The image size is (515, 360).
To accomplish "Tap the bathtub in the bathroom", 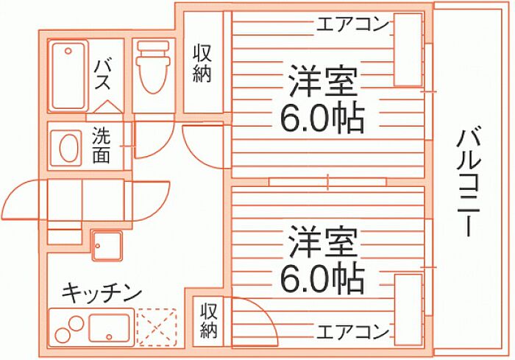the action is (68, 75).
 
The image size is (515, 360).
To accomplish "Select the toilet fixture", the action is (153, 67).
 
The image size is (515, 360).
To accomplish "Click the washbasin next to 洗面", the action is (68, 147).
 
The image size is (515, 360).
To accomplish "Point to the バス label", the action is (102, 76).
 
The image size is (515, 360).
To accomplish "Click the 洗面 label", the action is (101, 144).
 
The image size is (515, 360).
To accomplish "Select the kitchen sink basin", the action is (109, 328).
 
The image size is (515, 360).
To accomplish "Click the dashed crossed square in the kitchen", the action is (157, 327).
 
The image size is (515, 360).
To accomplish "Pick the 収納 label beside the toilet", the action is (202, 64).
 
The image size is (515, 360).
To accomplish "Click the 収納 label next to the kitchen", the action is (209, 320).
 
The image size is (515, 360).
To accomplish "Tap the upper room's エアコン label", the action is (352, 24).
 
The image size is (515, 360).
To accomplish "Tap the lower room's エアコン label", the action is (352, 332).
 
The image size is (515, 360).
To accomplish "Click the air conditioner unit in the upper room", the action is (408, 50).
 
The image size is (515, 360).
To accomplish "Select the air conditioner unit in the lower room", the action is (408, 309).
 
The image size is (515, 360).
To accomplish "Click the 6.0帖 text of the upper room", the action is (322, 119).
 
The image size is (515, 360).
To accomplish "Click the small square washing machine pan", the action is (107, 246).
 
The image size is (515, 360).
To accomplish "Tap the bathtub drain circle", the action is (68, 51).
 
